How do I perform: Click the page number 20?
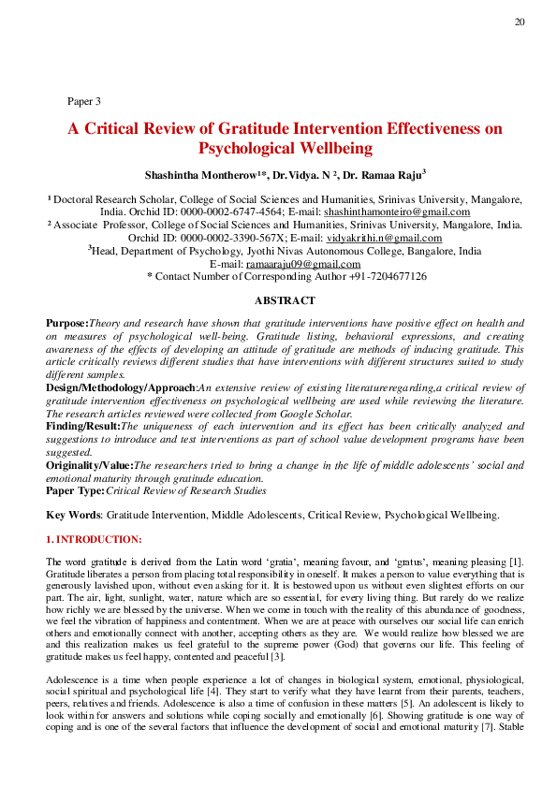pyautogui.click(x=519, y=22)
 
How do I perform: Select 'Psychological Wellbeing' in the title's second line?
pyautogui.click(x=286, y=148)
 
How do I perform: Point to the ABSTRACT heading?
pyautogui.click(x=285, y=300)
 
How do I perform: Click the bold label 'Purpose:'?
pyautogui.click(x=66, y=323)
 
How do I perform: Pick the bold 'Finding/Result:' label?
pyautogui.click(x=83, y=425)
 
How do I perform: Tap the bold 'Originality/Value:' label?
pyautogui.click(x=90, y=464)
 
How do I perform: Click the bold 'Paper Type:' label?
pyautogui.click(x=76, y=489)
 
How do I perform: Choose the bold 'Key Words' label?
pyautogui.click(x=73, y=515)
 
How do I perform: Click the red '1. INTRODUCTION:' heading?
pyautogui.click(x=95, y=539)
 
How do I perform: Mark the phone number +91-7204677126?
pyautogui.click(x=385, y=277)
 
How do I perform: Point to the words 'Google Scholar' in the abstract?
pyautogui.click(x=320, y=413)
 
